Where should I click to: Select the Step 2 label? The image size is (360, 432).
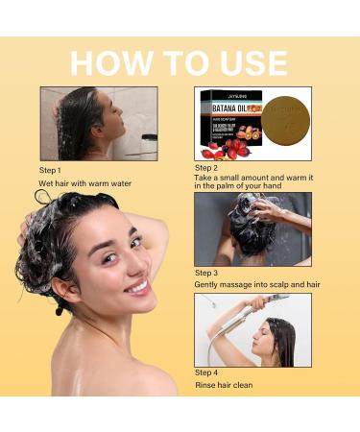207,167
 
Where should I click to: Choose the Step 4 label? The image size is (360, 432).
207,372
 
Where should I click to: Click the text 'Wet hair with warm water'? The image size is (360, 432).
84,182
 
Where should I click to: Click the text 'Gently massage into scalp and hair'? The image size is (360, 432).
256,285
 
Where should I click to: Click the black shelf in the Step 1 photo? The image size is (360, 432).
150,139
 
